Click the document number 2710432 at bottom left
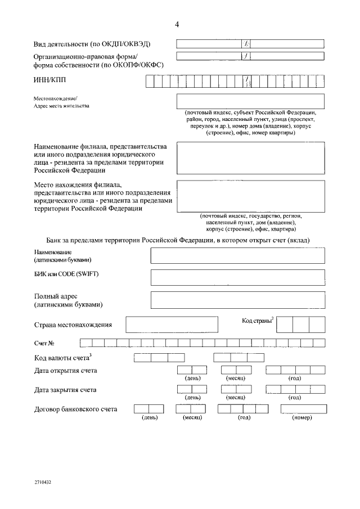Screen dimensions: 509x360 [x=43, y=482]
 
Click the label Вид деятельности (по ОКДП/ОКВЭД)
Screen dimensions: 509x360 [x=92, y=44]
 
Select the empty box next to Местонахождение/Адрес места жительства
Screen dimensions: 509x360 [x=250, y=101]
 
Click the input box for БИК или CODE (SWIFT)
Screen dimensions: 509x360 [x=237, y=277]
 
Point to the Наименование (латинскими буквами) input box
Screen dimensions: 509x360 [x=237, y=255]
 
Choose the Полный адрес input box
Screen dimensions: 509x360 [x=237, y=299]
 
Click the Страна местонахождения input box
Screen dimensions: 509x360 [x=172, y=325]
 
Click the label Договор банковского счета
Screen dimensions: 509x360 [x=76, y=409]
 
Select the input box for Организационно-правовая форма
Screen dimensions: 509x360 [x=250, y=56]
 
